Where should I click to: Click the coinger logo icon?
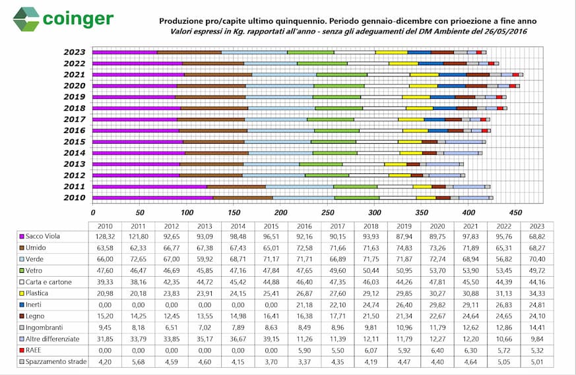(x=26, y=19)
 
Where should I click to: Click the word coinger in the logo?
(x=78, y=19)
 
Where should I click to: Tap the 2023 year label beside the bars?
(x=74, y=52)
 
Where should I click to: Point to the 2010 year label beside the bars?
(x=74, y=198)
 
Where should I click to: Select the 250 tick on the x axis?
(x=328, y=212)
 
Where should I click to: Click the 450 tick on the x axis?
(x=515, y=212)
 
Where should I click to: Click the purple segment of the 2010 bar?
(x=153, y=198)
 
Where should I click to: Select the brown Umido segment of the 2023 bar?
(x=189, y=53)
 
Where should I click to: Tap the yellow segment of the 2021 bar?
(x=425, y=75)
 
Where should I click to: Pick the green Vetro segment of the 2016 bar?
(x=337, y=130)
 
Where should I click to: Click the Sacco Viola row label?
(x=43, y=237)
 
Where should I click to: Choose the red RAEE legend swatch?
(x=22, y=351)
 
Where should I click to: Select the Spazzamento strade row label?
(x=56, y=362)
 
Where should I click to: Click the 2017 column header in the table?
(x=338, y=227)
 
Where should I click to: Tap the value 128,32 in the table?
(x=105, y=237)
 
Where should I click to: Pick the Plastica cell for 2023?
(x=537, y=293)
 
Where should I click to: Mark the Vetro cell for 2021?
(x=470, y=271)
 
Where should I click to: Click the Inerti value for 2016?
(x=304, y=305)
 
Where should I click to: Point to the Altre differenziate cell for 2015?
(x=271, y=339)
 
